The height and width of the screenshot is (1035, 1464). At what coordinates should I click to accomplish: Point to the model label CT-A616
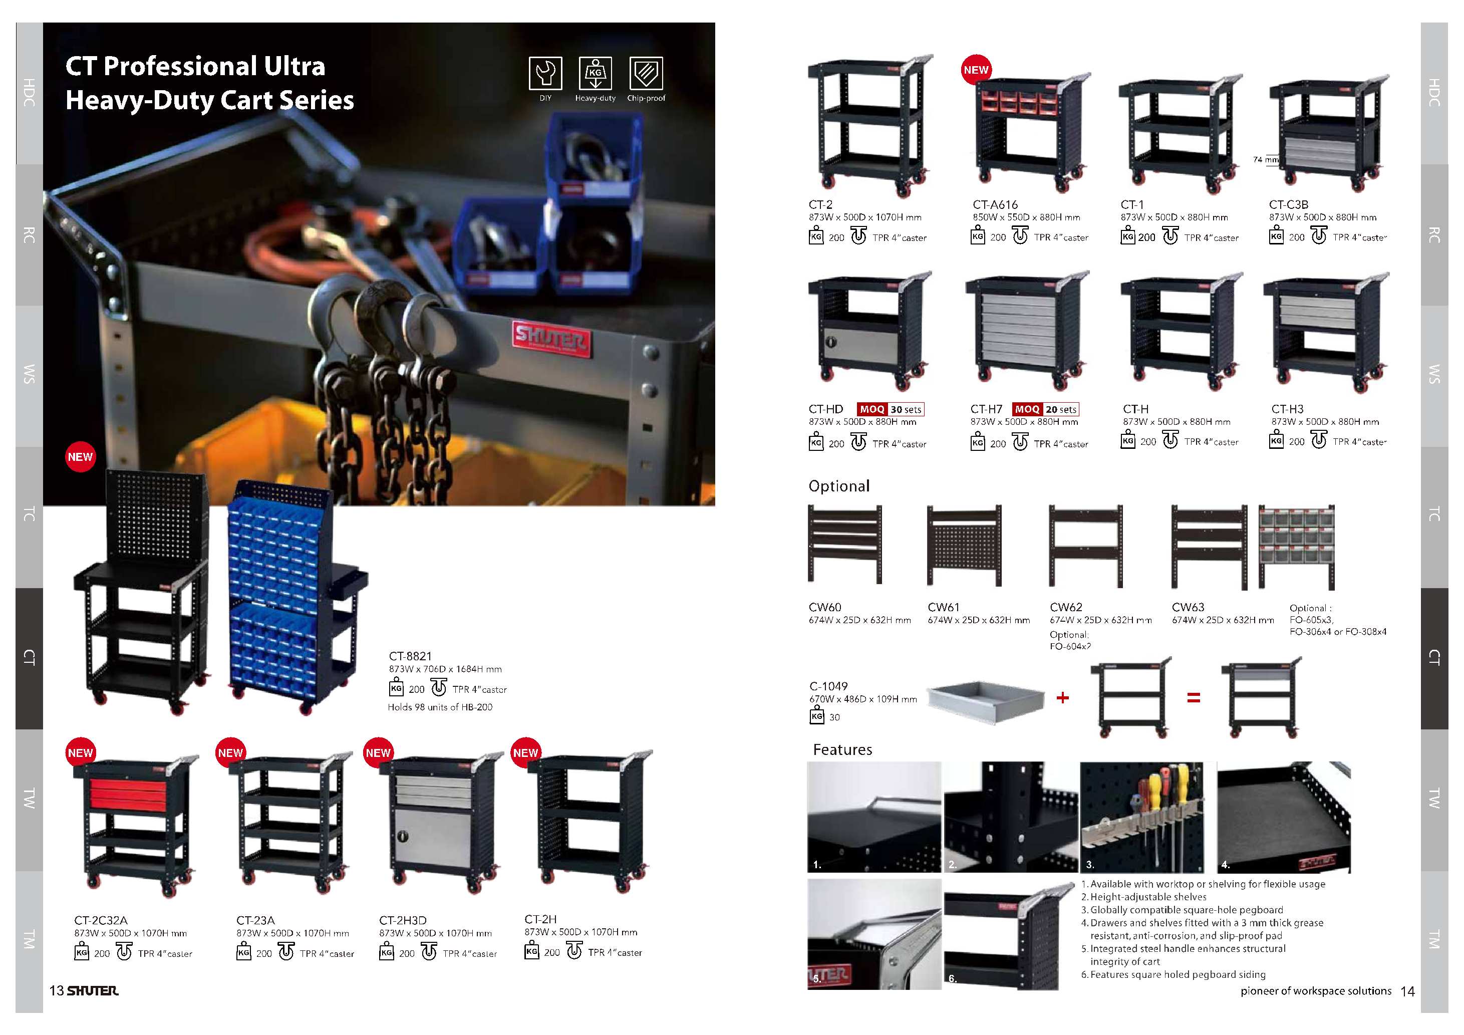[995, 205]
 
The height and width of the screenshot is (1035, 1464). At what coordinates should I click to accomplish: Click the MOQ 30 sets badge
[890, 409]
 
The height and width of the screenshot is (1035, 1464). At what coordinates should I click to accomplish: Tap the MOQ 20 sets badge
[1046, 409]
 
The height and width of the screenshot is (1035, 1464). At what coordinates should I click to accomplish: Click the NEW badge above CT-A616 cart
[976, 70]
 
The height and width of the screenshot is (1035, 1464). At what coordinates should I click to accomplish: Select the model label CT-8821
[410, 656]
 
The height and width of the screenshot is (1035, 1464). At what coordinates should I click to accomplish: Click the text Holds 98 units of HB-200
[440, 707]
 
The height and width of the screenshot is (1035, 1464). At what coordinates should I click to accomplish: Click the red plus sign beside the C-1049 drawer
[1062, 698]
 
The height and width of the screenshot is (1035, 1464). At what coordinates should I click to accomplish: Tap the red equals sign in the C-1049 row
[1193, 698]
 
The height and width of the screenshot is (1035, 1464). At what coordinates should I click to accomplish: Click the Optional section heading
[838, 486]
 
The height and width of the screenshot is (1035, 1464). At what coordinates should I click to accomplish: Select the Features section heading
[842, 749]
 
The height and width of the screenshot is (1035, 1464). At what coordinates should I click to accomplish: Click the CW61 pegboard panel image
[964, 545]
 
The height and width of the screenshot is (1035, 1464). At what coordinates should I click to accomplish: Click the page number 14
[1407, 991]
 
